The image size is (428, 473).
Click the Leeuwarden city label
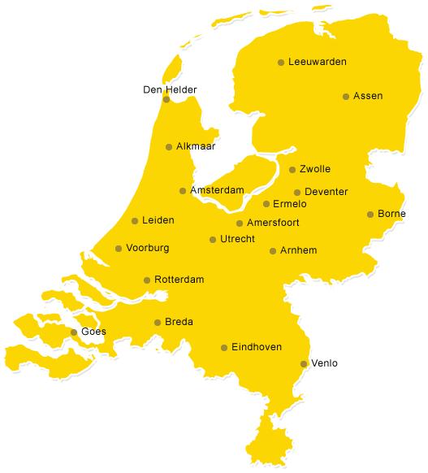318,62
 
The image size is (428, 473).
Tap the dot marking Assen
346,96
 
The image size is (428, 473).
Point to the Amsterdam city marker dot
183,191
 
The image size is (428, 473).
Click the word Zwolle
315,169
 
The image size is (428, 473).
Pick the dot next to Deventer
297,193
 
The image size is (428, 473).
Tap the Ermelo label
290,204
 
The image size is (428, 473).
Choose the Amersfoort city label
273,223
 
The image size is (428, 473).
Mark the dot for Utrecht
213,240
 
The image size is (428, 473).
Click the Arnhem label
298,250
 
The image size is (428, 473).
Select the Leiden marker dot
135,221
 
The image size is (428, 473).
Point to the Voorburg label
148,248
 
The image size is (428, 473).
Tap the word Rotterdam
179,280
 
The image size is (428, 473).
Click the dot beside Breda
158,323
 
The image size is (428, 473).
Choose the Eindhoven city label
257,347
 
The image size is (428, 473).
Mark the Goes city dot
74,332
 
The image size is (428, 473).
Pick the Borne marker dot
370,215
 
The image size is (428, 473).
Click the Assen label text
368,96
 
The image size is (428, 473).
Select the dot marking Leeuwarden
281,63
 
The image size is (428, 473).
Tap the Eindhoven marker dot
224,348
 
